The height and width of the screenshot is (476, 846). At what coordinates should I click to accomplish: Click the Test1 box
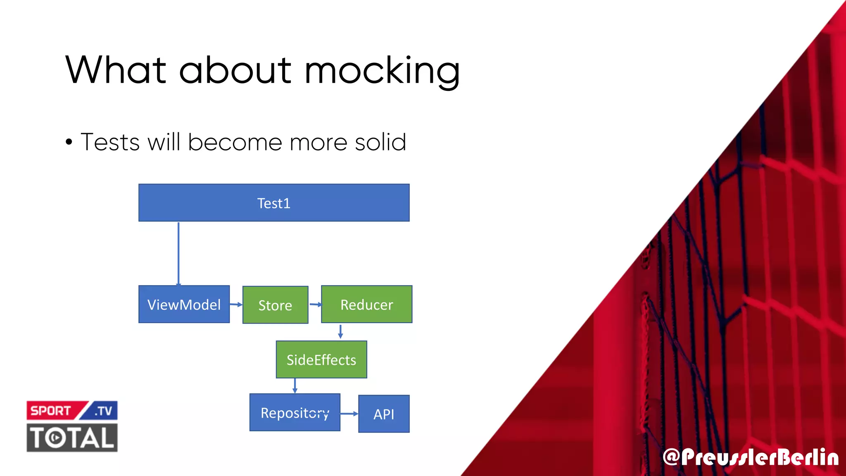coord(274,203)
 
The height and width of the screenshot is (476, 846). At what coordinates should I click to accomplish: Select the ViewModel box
coord(184,305)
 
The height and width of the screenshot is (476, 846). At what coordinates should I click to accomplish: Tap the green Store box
coord(275,305)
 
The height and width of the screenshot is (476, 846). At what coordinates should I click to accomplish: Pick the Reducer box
coord(366,305)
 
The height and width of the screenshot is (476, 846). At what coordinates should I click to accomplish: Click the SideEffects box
coord(321,359)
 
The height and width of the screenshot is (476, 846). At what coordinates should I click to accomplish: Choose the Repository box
coord(295,412)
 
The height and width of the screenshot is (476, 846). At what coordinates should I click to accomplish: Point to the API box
coord(383,414)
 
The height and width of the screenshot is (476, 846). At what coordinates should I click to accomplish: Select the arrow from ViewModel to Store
coord(236,305)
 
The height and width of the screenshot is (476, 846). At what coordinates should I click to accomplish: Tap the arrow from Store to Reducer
coord(315,305)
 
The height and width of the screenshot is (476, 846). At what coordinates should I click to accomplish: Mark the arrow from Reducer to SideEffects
coord(340,331)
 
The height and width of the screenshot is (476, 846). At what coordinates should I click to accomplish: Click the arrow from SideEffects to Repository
coord(295,386)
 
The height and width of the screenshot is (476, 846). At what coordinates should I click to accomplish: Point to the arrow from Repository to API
coord(349,414)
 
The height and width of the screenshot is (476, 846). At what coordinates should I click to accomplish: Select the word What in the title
coord(116,70)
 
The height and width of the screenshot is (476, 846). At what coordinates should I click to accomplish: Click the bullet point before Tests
coord(69,143)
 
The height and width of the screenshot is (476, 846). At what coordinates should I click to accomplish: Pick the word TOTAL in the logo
coord(72,438)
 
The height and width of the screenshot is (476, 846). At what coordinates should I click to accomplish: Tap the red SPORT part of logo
coord(51,411)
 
